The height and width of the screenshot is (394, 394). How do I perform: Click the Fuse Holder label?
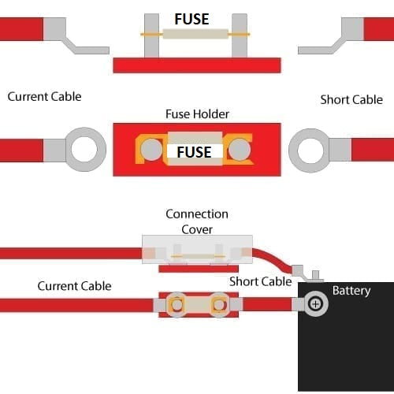coord(197,114)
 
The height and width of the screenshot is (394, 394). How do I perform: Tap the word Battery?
coord(351,291)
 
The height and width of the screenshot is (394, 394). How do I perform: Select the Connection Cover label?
coord(197,221)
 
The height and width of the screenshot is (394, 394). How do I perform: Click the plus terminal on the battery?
coord(316,304)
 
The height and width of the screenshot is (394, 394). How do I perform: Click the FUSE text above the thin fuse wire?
coord(192,18)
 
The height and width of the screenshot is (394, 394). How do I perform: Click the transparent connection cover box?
coord(197,248)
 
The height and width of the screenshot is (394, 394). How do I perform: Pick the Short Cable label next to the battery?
coord(260,281)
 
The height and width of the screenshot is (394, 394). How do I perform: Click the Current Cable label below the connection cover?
coord(74,285)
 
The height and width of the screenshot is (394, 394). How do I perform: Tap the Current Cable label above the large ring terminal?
coord(44,96)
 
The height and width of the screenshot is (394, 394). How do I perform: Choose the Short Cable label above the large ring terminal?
coord(351,99)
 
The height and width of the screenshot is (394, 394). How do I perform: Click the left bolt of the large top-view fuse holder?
coord(147,148)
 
